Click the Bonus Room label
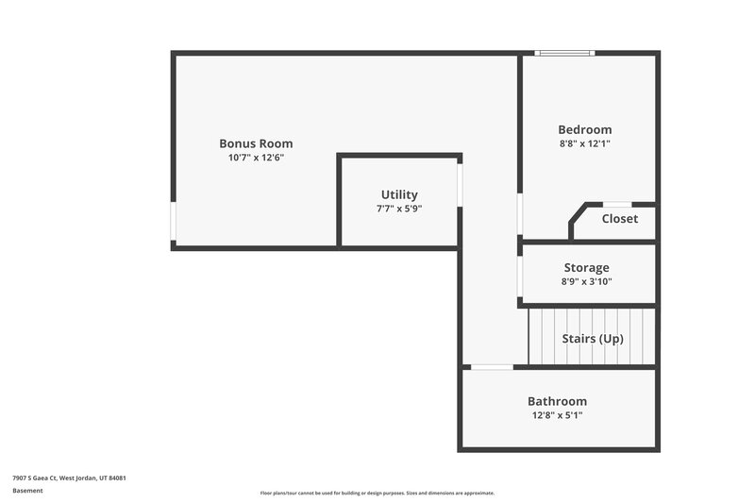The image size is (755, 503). [x=256, y=143]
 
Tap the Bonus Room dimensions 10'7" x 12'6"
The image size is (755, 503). [x=256, y=158]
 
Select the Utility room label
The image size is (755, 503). [x=399, y=194]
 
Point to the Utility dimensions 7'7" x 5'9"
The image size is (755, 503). [x=399, y=209]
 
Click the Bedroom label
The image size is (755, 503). [x=584, y=129]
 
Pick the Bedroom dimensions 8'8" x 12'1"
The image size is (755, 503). [x=584, y=143]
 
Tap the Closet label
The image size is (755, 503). [x=619, y=219]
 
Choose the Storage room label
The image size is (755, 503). [x=586, y=268]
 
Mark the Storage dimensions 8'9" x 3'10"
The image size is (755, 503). [x=586, y=281]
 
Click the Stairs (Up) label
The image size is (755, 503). [x=593, y=338]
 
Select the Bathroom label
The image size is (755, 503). [x=557, y=401]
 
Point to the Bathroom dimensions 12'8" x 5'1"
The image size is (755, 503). [x=557, y=415]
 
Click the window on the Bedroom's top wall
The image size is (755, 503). [x=564, y=53]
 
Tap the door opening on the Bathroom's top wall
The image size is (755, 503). [x=492, y=367]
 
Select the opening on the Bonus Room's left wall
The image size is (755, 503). [x=174, y=220]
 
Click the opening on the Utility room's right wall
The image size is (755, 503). [x=460, y=185]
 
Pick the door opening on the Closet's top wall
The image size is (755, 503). [x=617, y=204]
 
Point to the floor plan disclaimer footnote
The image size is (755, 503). [x=377, y=493]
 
